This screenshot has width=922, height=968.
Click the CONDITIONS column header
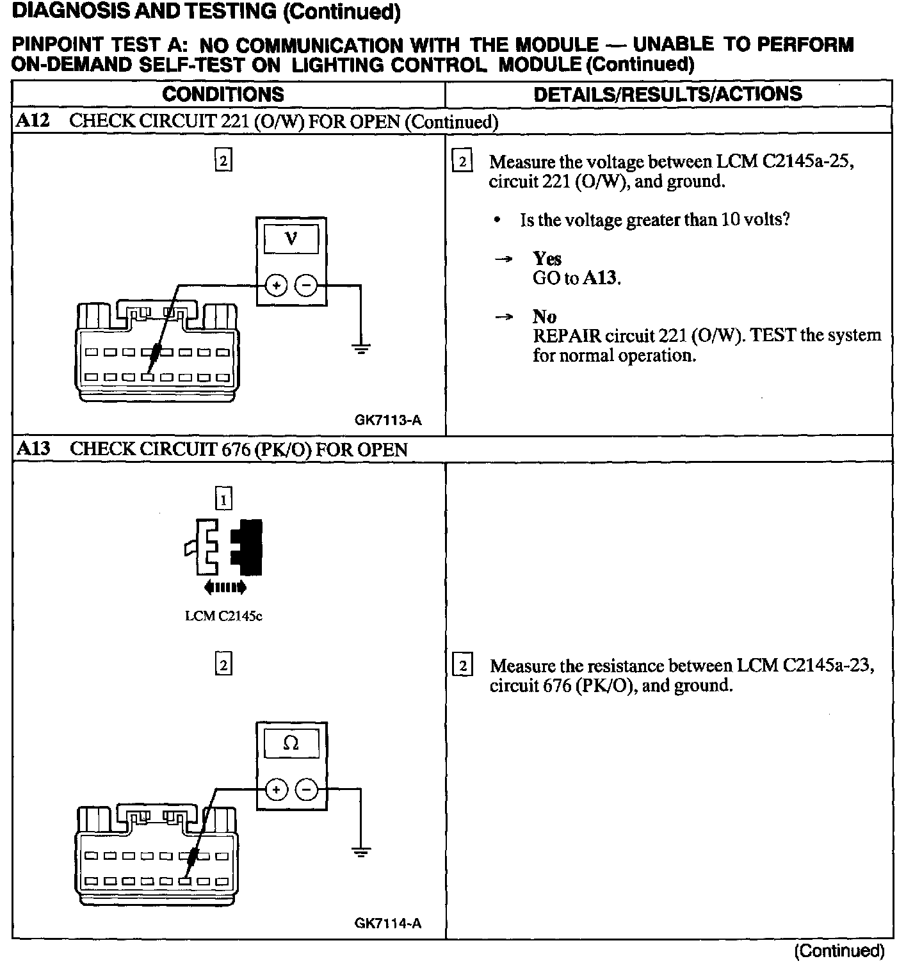pyautogui.click(x=223, y=95)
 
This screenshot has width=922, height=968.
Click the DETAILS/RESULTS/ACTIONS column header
pyautogui.click(x=668, y=95)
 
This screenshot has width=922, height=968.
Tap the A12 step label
pyautogui.click(x=32, y=121)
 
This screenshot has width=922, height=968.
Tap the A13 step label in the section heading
pyautogui.click(x=33, y=449)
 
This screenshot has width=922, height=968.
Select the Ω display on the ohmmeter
pyautogui.click(x=291, y=743)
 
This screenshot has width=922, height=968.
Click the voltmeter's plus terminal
pyautogui.click(x=276, y=286)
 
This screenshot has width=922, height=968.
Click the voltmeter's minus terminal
pyautogui.click(x=307, y=286)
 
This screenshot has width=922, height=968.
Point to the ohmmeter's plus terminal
pyautogui.click(x=276, y=790)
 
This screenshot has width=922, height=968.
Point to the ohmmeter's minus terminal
pyautogui.click(x=307, y=790)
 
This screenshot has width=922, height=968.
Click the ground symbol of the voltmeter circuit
pyautogui.click(x=361, y=349)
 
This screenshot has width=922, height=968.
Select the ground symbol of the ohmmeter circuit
pyautogui.click(x=361, y=853)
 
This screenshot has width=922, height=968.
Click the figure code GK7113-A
pyautogui.click(x=388, y=421)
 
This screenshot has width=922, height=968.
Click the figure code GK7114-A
pyautogui.click(x=388, y=924)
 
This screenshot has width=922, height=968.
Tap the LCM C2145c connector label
pyautogui.click(x=223, y=617)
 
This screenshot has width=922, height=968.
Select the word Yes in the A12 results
pyautogui.click(x=547, y=259)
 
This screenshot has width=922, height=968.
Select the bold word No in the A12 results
pyautogui.click(x=544, y=316)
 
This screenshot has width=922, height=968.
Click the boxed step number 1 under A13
pyautogui.click(x=223, y=499)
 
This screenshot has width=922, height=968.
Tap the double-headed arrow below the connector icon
pyautogui.click(x=224, y=587)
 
